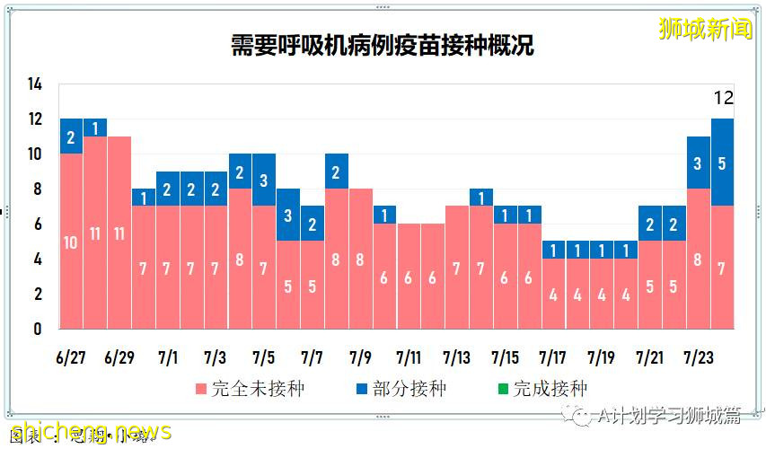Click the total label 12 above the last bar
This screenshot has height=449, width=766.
(724, 98)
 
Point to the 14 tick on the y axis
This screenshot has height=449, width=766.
(35, 84)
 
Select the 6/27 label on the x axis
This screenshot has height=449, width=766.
(71, 358)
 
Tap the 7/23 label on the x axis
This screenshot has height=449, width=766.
(700, 358)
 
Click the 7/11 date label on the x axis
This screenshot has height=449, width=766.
(409, 358)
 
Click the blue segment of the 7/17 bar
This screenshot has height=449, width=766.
(553, 250)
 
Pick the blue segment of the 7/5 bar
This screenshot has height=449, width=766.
(264, 180)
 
